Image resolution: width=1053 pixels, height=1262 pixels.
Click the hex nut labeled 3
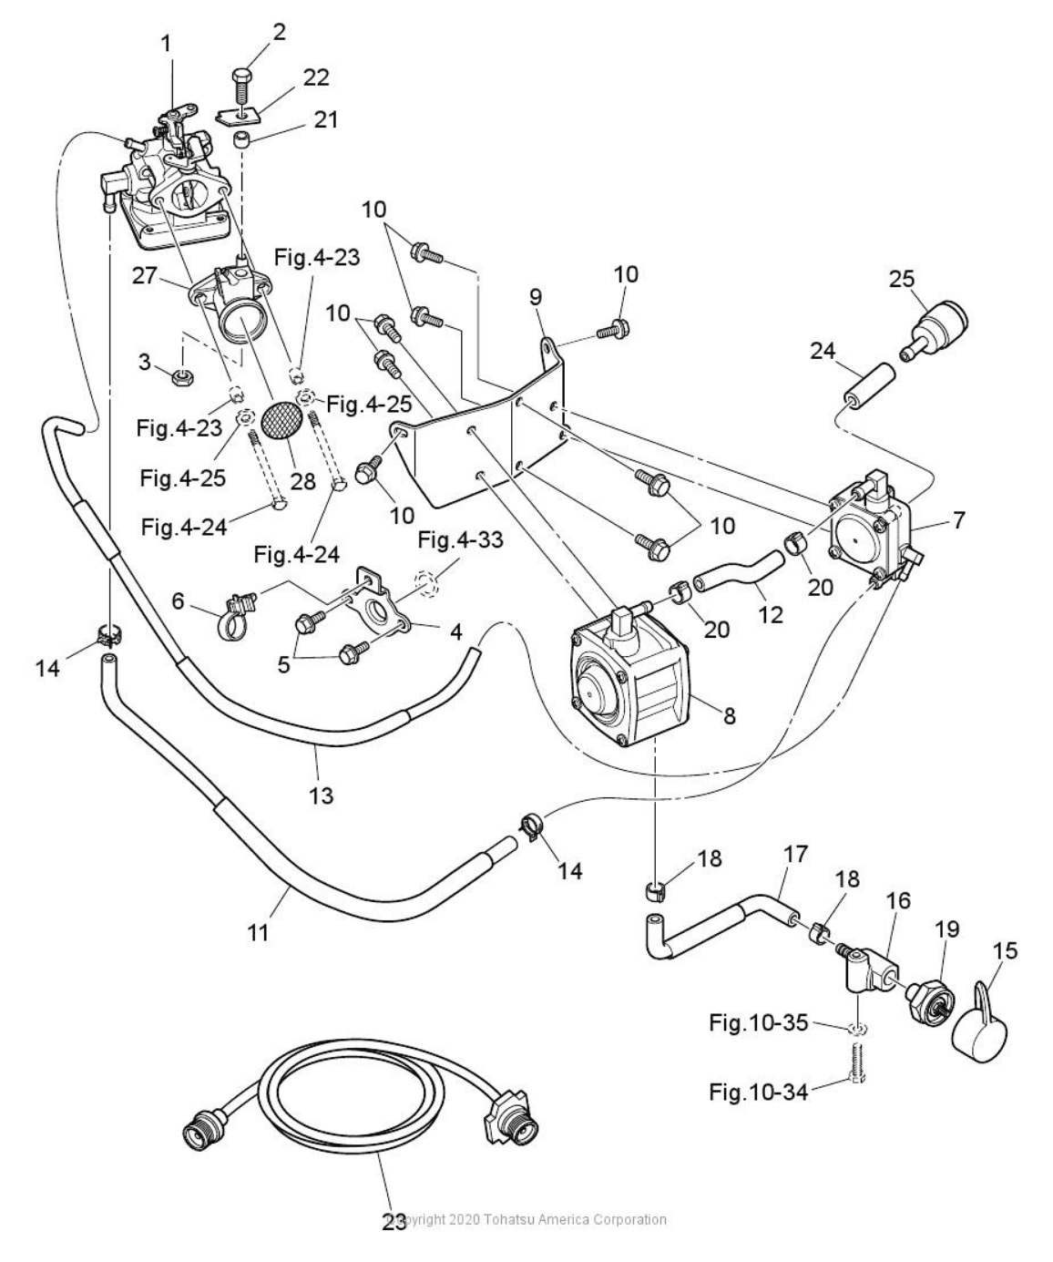click(x=182, y=375)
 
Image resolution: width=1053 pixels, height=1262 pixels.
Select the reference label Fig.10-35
click(x=758, y=1023)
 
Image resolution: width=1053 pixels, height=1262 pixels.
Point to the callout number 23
click(x=394, y=1221)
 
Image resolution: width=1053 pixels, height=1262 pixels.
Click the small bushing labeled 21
click(x=241, y=142)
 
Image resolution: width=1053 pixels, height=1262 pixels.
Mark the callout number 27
click(x=145, y=275)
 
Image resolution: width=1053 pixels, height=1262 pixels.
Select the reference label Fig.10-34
click(x=758, y=1091)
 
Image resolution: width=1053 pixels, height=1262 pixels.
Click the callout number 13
click(x=321, y=795)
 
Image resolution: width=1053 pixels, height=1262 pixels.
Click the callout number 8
click(x=729, y=716)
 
